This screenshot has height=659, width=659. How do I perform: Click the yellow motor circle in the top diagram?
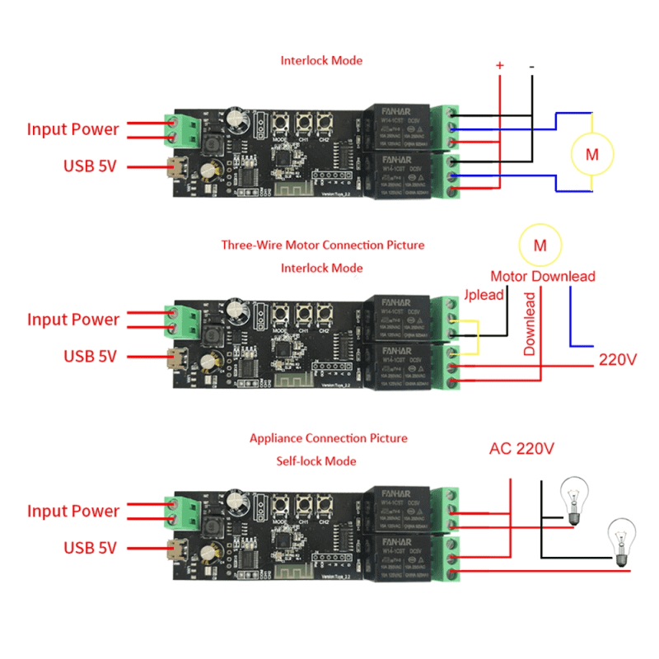pyautogui.click(x=592, y=152)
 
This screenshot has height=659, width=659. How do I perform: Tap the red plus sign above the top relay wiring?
pyautogui.click(x=499, y=65)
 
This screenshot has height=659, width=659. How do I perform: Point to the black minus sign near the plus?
pyautogui.click(x=531, y=65)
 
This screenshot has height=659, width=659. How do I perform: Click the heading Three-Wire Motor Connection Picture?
pyautogui.click(x=323, y=245)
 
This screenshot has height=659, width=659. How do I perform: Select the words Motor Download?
pyautogui.click(x=543, y=276)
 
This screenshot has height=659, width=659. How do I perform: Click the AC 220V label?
pyautogui.click(x=521, y=449)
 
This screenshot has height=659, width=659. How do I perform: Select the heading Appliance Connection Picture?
pyautogui.click(x=328, y=438)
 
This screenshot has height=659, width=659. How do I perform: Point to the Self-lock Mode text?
pyautogui.click(x=316, y=460)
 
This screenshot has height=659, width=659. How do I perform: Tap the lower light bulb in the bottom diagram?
pyautogui.click(x=620, y=540)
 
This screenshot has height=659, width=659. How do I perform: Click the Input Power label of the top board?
pyautogui.click(x=72, y=129)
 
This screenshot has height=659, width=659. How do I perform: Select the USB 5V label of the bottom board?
pyautogui.click(x=90, y=548)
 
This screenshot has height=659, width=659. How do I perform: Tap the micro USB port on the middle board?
pyautogui.click(x=175, y=358)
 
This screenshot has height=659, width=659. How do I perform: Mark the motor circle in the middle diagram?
pyautogui.click(x=540, y=245)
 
